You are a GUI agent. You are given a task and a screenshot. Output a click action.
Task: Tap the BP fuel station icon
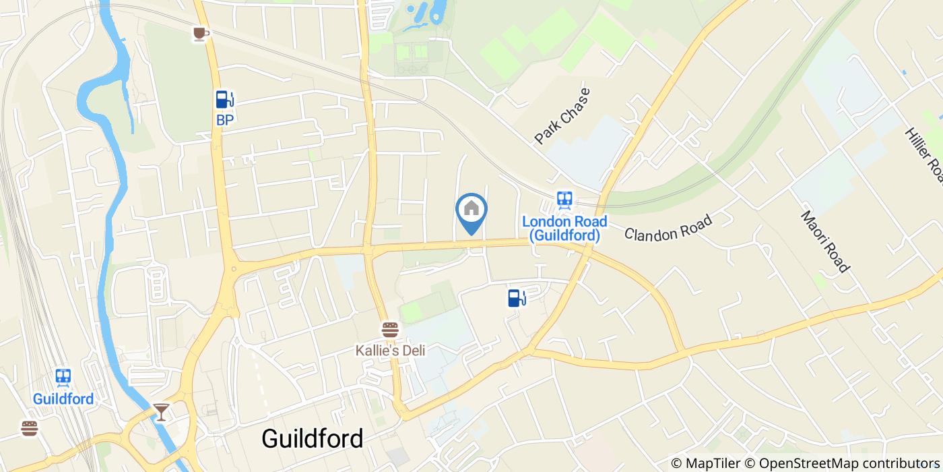(x=224, y=100)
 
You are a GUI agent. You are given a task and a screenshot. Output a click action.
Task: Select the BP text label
(x=224, y=120)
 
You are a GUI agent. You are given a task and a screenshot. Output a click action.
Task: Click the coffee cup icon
(x=199, y=33)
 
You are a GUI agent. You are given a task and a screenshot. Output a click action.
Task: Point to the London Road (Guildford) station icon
(x=564, y=200)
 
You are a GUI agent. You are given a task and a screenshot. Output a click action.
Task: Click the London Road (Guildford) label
(x=564, y=228)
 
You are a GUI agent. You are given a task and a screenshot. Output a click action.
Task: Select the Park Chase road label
(x=562, y=115)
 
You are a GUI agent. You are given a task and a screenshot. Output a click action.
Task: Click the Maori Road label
(x=824, y=241)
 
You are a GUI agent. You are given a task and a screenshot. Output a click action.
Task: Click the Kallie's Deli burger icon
(x=390, y=330)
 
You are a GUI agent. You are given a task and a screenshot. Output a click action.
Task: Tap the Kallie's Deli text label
(x=390, y=351)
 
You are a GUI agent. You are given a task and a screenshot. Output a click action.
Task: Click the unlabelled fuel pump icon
(x=516, y=297)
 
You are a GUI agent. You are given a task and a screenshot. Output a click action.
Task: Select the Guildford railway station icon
(x=63, y=377)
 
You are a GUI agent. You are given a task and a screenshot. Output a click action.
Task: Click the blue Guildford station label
(x=63, y=399)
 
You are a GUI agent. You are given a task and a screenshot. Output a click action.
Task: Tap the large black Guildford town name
(x=312, y=438)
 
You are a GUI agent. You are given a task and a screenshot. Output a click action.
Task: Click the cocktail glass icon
(x=161, y=411)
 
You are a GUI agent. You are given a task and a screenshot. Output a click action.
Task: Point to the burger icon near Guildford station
(x=29, y=428)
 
